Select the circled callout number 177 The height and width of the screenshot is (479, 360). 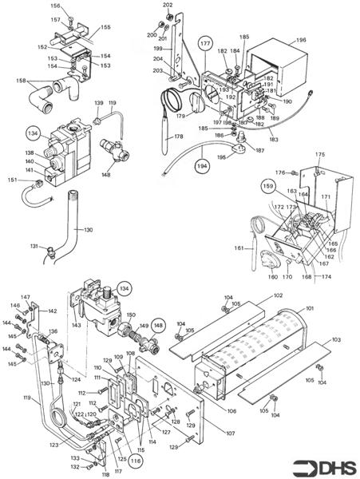click(x=205, y=42)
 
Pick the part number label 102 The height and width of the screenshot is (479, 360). click(x=278, y=295)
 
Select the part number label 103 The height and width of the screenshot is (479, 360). click(x=335, y=339)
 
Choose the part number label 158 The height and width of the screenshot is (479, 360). click(x=20, y=81)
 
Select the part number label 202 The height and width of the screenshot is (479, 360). click(x=168, y=6)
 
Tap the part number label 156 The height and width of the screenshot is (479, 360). click(x=55, y=6)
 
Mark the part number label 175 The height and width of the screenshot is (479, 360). click(x=319, y=155)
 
